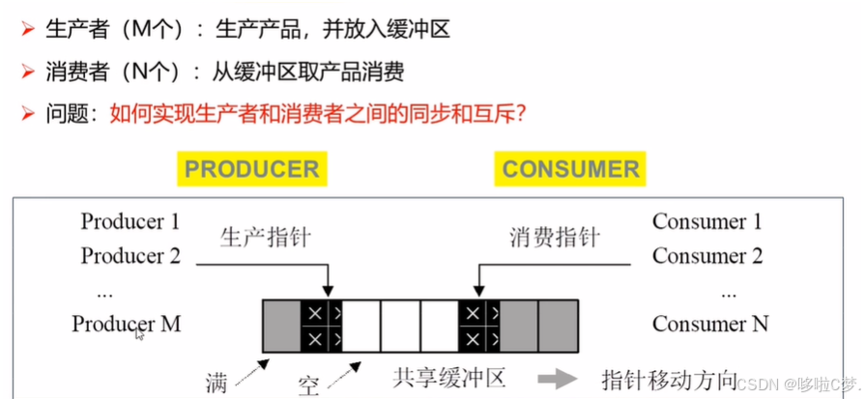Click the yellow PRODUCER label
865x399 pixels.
tap(251, 170)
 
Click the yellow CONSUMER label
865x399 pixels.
tap(570, 170)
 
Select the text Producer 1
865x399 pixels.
tap(130, 221)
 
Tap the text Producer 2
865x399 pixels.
tap(130, 256)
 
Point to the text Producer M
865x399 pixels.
tap(127, 324)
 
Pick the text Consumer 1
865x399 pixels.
tap(707, 221)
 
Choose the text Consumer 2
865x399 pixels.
tap(707, 256)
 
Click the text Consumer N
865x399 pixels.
tap(710, 324)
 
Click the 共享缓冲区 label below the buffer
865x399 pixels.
tap(448, 376)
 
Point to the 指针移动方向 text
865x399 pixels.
tap(669, 378)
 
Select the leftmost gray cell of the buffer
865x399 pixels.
tap(282, 326)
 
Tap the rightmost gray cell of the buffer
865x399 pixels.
tap(558, 326)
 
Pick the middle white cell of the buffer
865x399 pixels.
tap(400, 326)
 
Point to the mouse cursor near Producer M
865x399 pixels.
tap(140, 334)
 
